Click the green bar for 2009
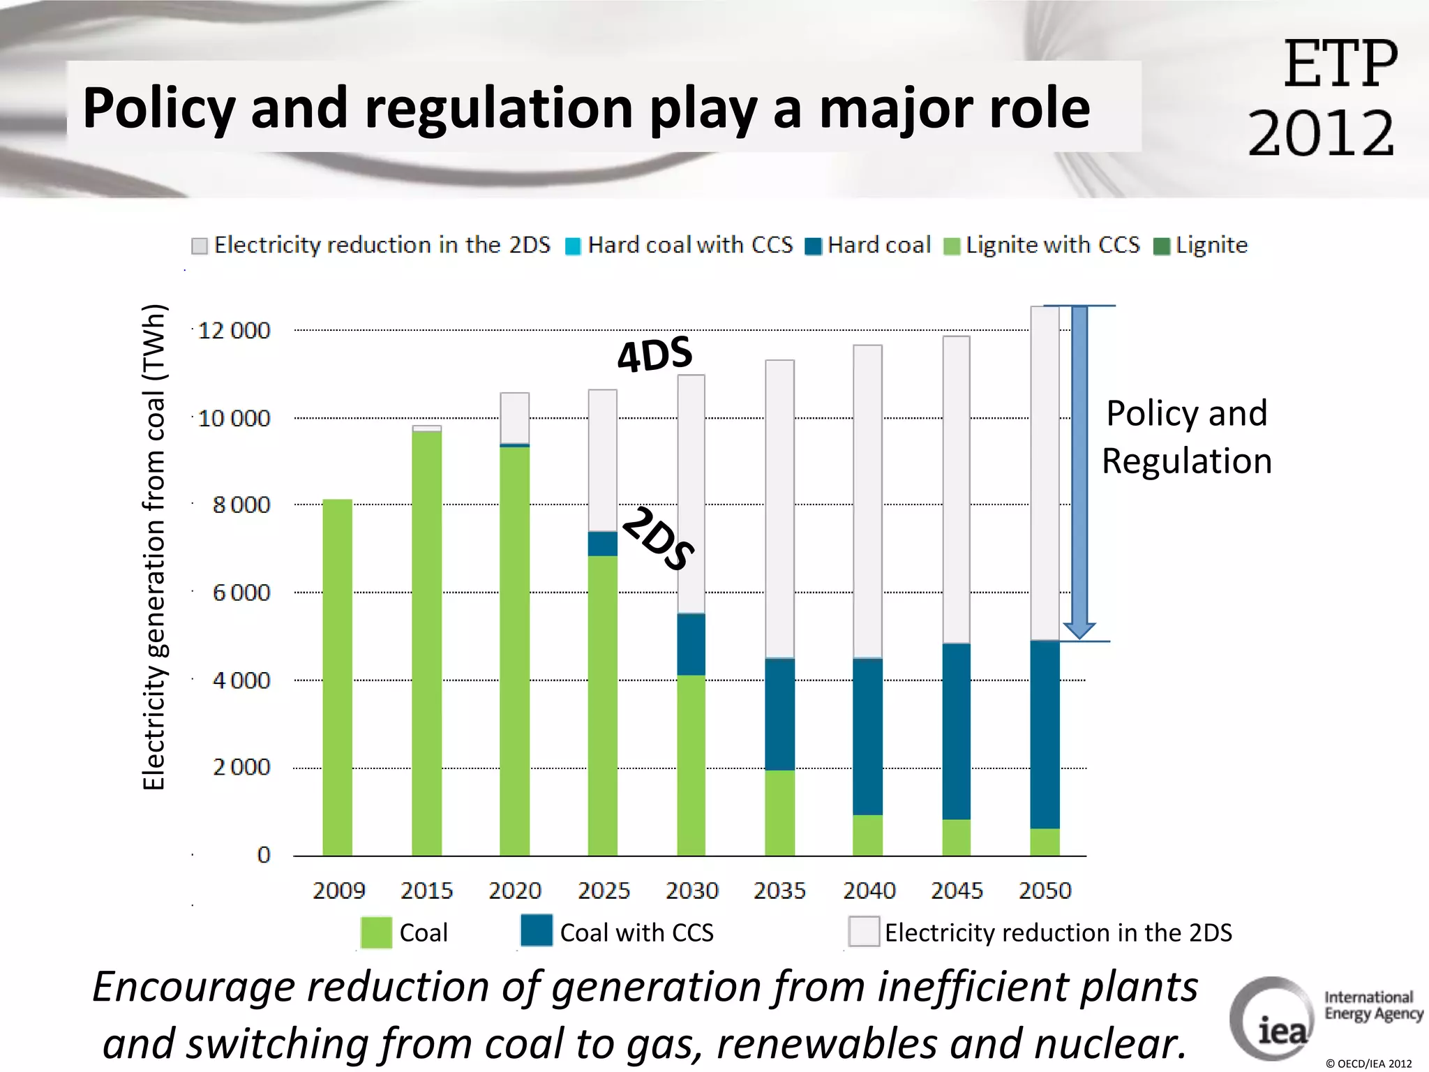(x=337, y=677)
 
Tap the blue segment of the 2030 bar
(x=691, y=644)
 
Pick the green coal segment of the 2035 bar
(x=779, y=812)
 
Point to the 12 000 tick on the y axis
(x=234, y=330)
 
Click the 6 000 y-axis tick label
(x=241, y=593)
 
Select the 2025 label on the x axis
(x=604, y=891)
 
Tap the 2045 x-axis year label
(x=957, y=891)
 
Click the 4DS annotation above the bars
(x=654, y=354)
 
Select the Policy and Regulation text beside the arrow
(x=1186, y=437)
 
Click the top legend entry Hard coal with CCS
(x=680, y=245)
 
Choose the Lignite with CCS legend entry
(x=1042, y=245)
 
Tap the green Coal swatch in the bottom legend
(x=376, y=932)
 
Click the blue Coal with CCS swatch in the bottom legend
(x=537, y=930)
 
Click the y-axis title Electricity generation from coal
(x=154, y=547)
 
